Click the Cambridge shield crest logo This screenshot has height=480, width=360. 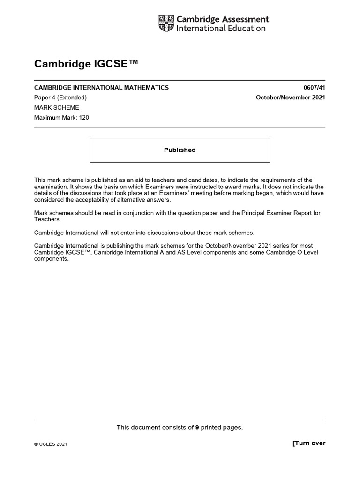pyautogui.click(x=166, y=24)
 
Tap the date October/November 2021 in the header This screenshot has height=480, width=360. pyautogui.click(x=290, y=97)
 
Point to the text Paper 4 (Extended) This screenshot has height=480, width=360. pyautogui.click(x=60, y=97)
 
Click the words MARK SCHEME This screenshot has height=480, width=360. pyautogui.click(x=57, y=108)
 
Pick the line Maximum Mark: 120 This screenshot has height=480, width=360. pyautogui.click(x=61, y=118)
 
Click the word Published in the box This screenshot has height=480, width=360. pyautogui.click(x=180, y=150)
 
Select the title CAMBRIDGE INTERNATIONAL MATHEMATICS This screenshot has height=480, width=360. pyautogui.click(x=101, y=88)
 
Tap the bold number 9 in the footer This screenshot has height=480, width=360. pyautogui.click(x=197, y=427)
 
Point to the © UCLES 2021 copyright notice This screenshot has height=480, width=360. pyautogui.click(x=51, y=444)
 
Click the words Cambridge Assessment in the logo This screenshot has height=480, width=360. pyautogui.click(x=222, y=19)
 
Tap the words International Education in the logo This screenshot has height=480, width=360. pyautogui.click(x=220, y=29)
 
